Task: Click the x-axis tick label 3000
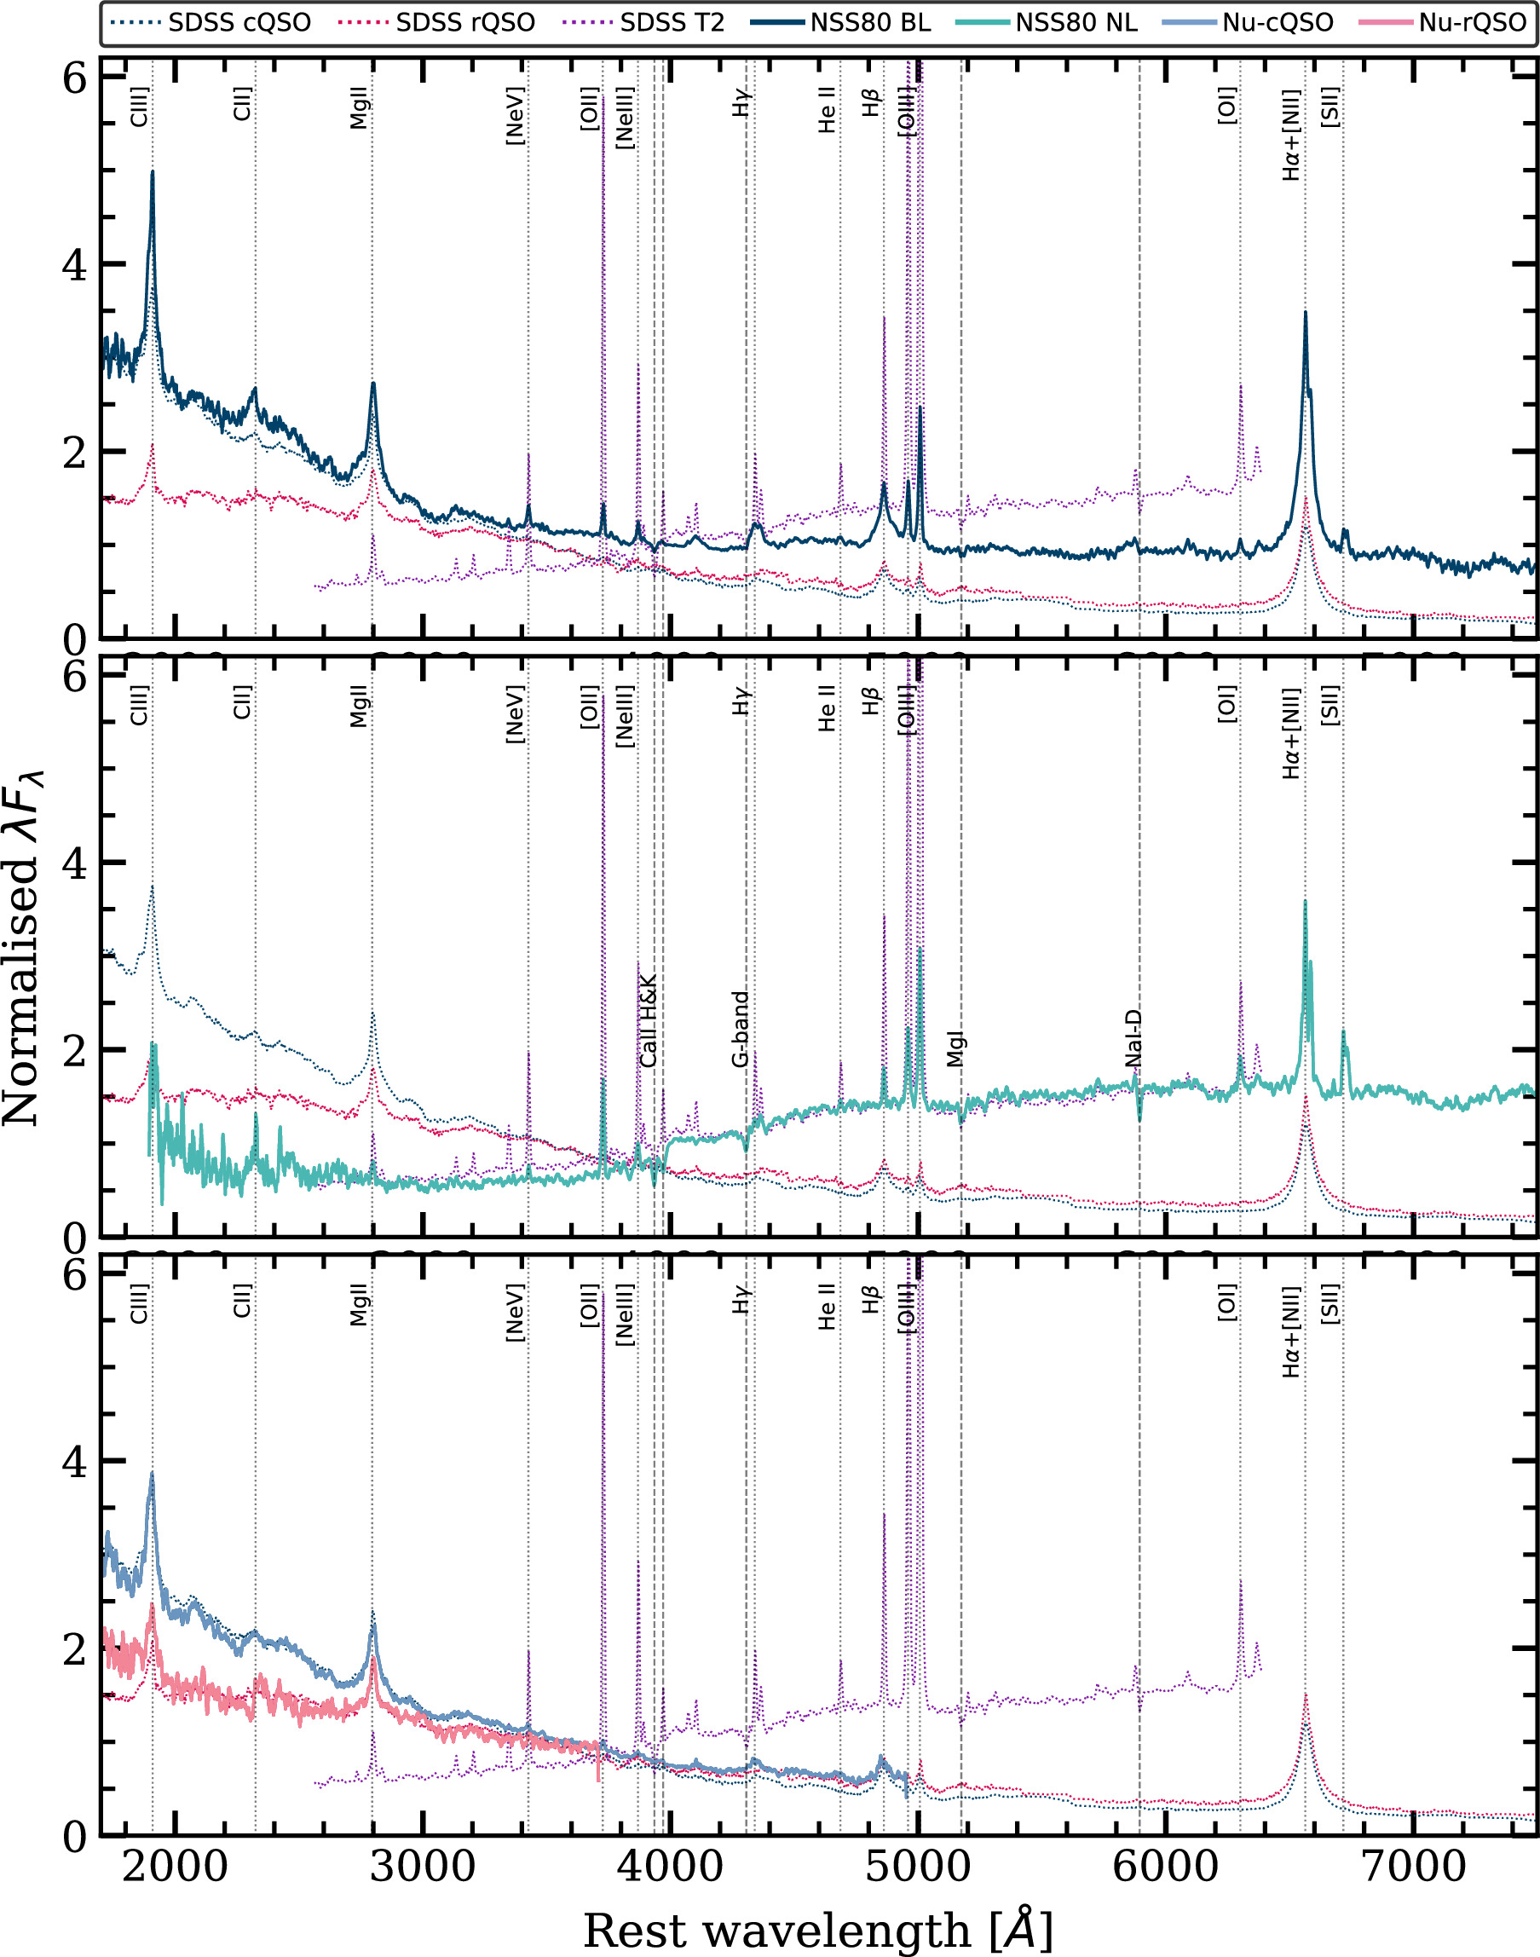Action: tap(422, 1865)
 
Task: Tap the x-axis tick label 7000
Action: tap(1413, 1865)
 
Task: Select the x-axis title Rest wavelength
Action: tap(818, 1926)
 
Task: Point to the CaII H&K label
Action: tap(649, 1021)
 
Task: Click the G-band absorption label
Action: tap(741, 1029)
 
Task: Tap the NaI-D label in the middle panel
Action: tap(1133, 1038)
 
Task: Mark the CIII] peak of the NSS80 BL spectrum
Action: tap(153, 171)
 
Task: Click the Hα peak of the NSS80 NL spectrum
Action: tap(1305, 902)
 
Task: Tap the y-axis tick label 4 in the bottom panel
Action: tap(74, 1462)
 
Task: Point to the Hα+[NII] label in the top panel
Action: tap(1292, 135)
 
